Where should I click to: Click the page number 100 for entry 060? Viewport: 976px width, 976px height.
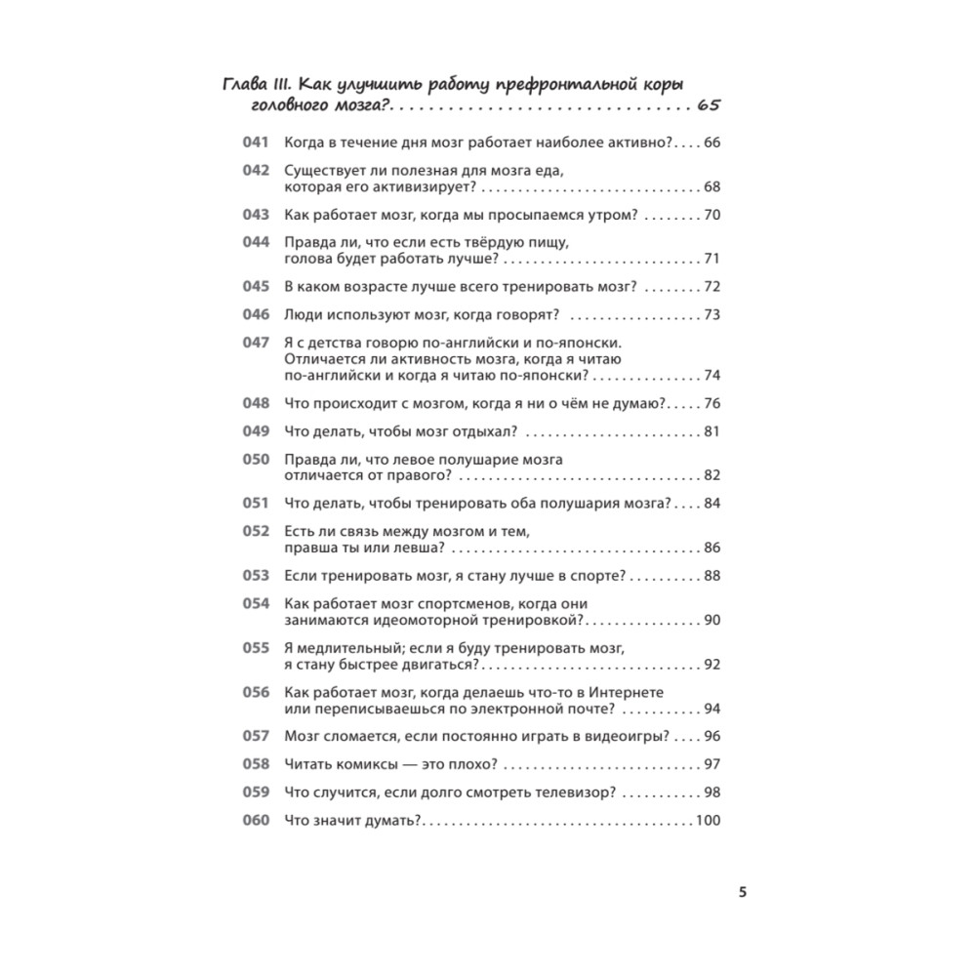click(x=707, y=821)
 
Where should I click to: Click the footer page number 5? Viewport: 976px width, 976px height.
click(x=743, y=892)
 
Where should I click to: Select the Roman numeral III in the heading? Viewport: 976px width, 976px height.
click(x=292, y=82)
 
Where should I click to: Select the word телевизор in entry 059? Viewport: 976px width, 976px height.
click(x=564, y=793)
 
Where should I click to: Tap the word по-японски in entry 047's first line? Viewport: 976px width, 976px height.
click(x=578, y=343)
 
